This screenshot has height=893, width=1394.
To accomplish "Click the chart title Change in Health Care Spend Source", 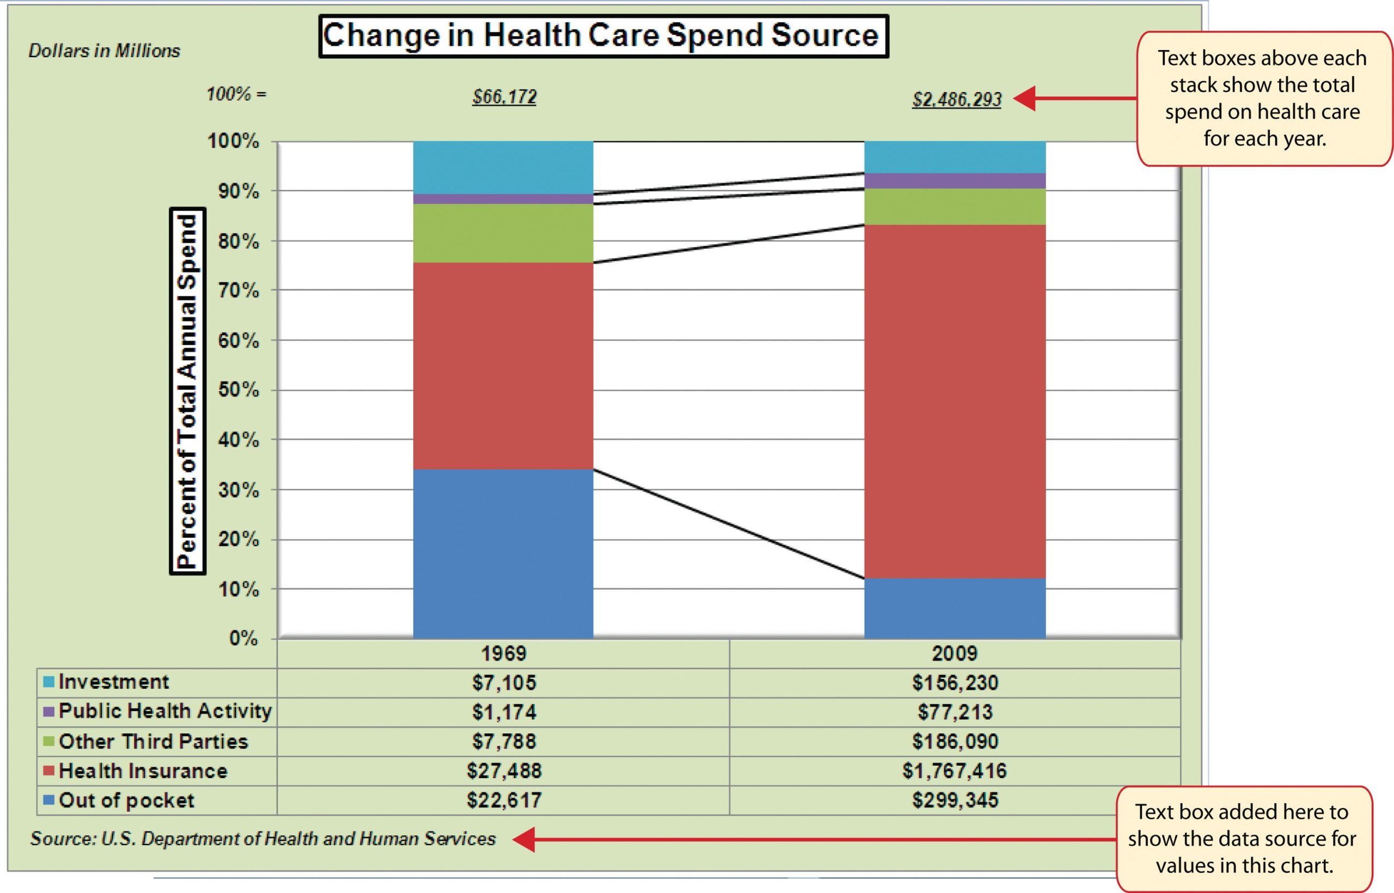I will click(603, 36).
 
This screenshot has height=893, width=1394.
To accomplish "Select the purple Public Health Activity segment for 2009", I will click(954, 181).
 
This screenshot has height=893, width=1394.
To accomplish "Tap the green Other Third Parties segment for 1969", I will click(503, 233).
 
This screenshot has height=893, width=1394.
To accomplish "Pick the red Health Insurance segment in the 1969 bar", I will click(503, 365).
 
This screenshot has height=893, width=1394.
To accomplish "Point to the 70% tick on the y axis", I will click(238, 290).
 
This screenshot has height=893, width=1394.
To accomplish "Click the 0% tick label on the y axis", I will click(243, 639).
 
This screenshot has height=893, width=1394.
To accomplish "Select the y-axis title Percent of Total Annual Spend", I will click(187, 391).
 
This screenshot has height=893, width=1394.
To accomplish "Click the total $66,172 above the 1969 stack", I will click(504, 97).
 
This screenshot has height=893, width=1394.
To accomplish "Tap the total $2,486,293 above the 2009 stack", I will click(957, 100).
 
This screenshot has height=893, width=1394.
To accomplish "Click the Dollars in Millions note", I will click(105, 51).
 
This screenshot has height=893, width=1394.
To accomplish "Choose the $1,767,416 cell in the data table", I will click(954, 770).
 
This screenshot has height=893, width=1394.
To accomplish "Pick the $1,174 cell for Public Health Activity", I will click(504, 712).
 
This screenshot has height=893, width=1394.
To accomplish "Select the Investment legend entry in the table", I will click(113, 682).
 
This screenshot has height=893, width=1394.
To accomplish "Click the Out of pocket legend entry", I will click(126, 801).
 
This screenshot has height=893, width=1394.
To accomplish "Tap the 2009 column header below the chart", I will click(954, 653).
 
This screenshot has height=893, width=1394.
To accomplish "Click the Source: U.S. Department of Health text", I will click(263, 839).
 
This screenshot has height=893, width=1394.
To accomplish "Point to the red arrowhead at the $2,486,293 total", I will click(1024, 99).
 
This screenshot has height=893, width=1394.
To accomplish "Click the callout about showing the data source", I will click(1243, 839).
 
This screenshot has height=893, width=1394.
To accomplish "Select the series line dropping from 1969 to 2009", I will click(729, 524).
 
